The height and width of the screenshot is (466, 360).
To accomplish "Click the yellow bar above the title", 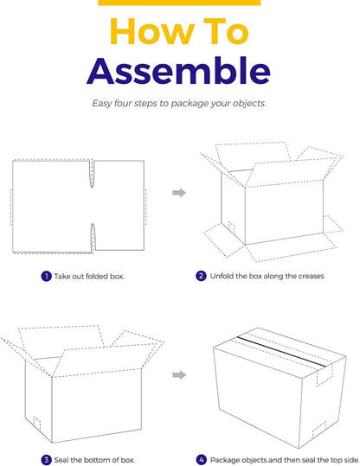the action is point(179,3).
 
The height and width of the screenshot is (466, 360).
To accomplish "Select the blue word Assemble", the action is point(179,71).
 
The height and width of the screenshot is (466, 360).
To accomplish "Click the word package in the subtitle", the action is point(190,104).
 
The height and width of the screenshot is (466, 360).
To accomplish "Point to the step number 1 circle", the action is point(46,276).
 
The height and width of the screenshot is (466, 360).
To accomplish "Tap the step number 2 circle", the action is point(201,276).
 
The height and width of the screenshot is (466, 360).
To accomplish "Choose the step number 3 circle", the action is point(46,460).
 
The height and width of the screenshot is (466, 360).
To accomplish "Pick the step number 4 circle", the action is point(202,460).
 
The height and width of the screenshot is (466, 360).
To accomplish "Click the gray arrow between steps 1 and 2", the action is point(179,193).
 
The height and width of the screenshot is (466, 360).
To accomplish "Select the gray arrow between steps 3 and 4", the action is point(179,374).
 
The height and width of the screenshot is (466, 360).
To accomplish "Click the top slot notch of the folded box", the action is point(92,174).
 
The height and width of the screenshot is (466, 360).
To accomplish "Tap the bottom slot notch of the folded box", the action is point(93,239).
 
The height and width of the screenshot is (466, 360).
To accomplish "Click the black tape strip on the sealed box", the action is point(281,351).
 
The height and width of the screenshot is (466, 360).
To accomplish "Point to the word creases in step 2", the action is point(312,276).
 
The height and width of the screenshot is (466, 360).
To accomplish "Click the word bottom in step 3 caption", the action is point(95,460).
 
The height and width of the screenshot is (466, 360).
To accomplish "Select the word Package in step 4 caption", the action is point(223,460).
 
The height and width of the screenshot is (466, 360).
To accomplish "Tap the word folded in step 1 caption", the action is point(97,277).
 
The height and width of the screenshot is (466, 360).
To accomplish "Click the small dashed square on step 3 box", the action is point(37,423).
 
